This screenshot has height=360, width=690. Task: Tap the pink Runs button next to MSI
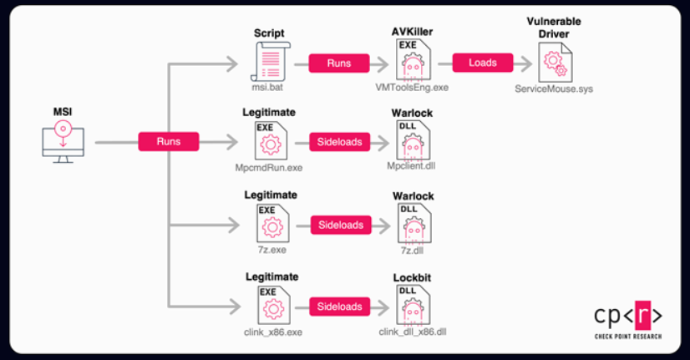click(x=169, y=142)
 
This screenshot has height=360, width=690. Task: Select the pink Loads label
click(x=483, y=62)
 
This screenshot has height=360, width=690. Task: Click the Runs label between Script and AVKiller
click(x=339, y=62)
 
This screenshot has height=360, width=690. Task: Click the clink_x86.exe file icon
click(x=269, y=306)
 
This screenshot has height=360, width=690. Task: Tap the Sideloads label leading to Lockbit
click(x=340, y=307)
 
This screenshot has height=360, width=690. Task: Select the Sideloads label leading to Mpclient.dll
click(x=340, y=142)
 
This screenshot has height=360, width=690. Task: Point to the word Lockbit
click(x=413, y=276)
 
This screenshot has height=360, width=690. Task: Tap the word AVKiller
click(x=412, y=32)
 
